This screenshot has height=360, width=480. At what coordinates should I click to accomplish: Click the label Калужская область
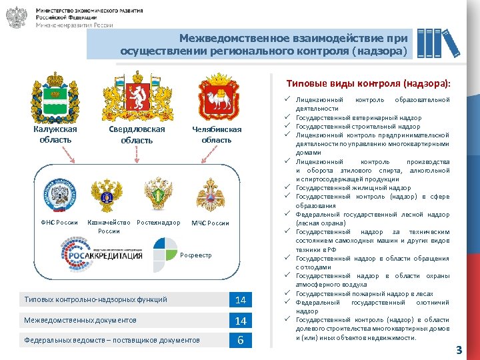tap(55, 134)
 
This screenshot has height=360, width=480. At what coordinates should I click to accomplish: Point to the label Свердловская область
tap(137, 135)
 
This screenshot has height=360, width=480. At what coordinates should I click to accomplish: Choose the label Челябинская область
tap(217, 135)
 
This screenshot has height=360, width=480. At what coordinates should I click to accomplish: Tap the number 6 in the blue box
tap(241, 341)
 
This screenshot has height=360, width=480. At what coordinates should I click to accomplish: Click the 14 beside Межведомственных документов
tap(241, 321)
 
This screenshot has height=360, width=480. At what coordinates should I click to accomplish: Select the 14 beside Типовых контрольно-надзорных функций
tap(241, 301)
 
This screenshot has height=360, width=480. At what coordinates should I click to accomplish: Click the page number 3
tap(459, 349)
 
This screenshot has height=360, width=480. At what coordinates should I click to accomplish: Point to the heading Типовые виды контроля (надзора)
tap(368, 84)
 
